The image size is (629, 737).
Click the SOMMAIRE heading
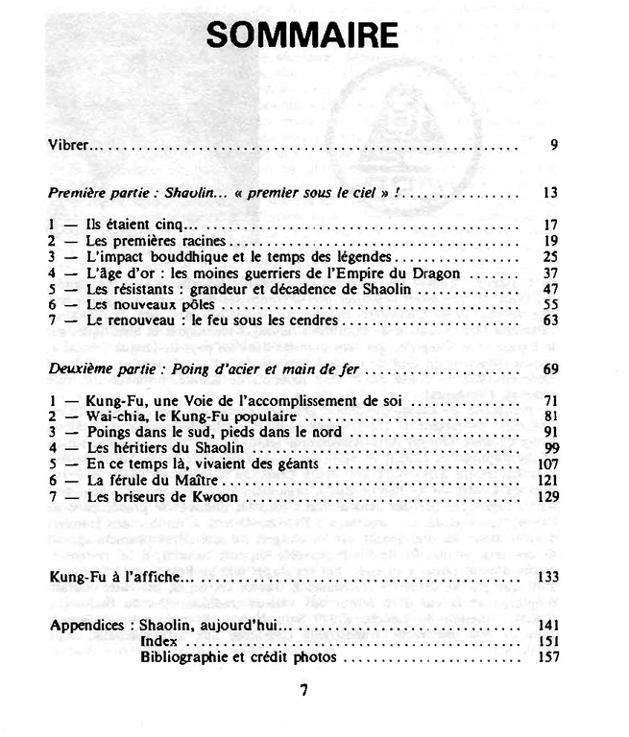tap(302, 36)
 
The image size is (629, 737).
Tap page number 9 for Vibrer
tap(554, 146)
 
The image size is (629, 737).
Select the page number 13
tap(550, 192)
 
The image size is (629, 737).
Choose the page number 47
tap(550, 288)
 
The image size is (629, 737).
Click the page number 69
tap(550, 368)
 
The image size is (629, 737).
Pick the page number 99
tap(550, 448)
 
